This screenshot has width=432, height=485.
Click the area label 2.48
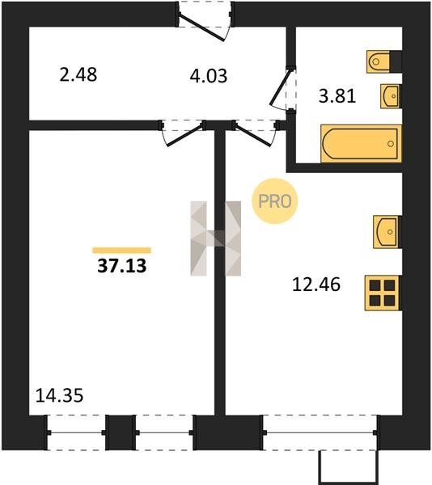pos(78,75)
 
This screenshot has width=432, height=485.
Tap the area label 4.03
pos(209,76)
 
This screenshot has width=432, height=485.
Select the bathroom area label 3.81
pos(337,95)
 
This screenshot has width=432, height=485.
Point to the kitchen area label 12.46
pos(316,285)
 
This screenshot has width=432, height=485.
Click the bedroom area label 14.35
pos(59,395)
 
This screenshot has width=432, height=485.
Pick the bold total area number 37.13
pos(121,266)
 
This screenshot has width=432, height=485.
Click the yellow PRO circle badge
pos(275,201)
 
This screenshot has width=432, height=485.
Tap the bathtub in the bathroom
pos(361,144)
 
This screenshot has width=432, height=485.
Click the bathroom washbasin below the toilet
pos(391,96)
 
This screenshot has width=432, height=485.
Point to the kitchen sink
pos(387,232)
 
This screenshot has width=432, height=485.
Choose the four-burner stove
pos(383,293)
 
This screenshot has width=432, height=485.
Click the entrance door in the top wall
pos(204,21)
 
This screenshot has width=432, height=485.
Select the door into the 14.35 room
pos(183,133)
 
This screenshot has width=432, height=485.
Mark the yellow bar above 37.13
pos(121,251)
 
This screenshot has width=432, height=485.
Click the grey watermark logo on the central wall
pos(216,238)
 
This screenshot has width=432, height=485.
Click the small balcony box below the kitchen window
pos(349,467)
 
